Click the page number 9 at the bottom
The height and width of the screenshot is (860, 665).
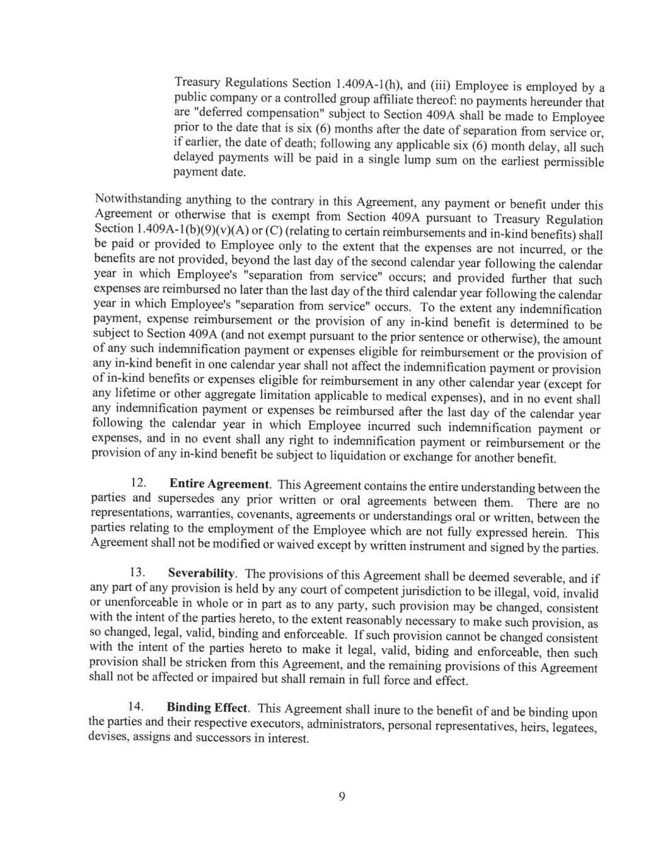[342, 796]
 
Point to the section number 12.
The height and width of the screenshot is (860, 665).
[138, 483]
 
